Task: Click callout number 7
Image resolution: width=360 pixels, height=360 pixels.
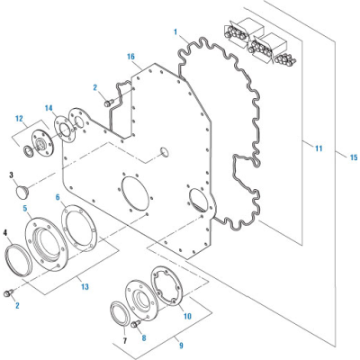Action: (x=124, y=341)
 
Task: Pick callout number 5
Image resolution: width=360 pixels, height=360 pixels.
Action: (x=26, y=208)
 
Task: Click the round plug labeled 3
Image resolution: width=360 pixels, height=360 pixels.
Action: (x=24, y=191)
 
